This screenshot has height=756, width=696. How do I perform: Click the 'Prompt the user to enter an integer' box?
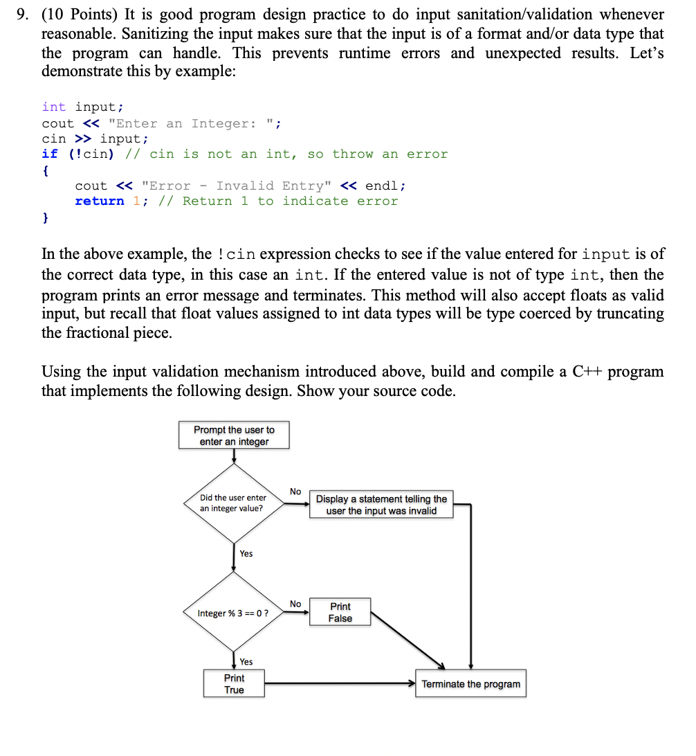[x=234, y=435]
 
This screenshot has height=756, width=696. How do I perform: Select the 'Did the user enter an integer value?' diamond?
[x=233, y=503]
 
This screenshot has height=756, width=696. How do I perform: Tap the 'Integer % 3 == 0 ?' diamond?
[x=233, y=613]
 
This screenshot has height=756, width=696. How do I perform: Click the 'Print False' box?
[x=340, y=613]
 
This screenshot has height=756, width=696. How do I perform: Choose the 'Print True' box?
[x=234, y=684]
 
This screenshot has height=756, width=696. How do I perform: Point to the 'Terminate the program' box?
[x=470, y=684]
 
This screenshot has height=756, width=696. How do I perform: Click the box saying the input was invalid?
[x=381, y=505]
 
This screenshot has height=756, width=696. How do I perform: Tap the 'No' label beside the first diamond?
[x=295, y=492]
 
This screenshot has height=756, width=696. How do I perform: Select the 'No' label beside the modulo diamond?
[x=295, y=604]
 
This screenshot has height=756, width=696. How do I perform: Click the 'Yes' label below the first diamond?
[x=246, y=553]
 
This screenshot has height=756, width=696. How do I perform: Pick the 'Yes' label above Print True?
[x=246, y=662]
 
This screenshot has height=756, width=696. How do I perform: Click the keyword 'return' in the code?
[x=99, y=201]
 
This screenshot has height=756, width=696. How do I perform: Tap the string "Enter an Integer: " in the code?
[x=191, y=124]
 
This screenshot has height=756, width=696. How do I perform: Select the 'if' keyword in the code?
[x=50, y=154]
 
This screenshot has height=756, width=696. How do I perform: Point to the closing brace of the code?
[x=46, y=218]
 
